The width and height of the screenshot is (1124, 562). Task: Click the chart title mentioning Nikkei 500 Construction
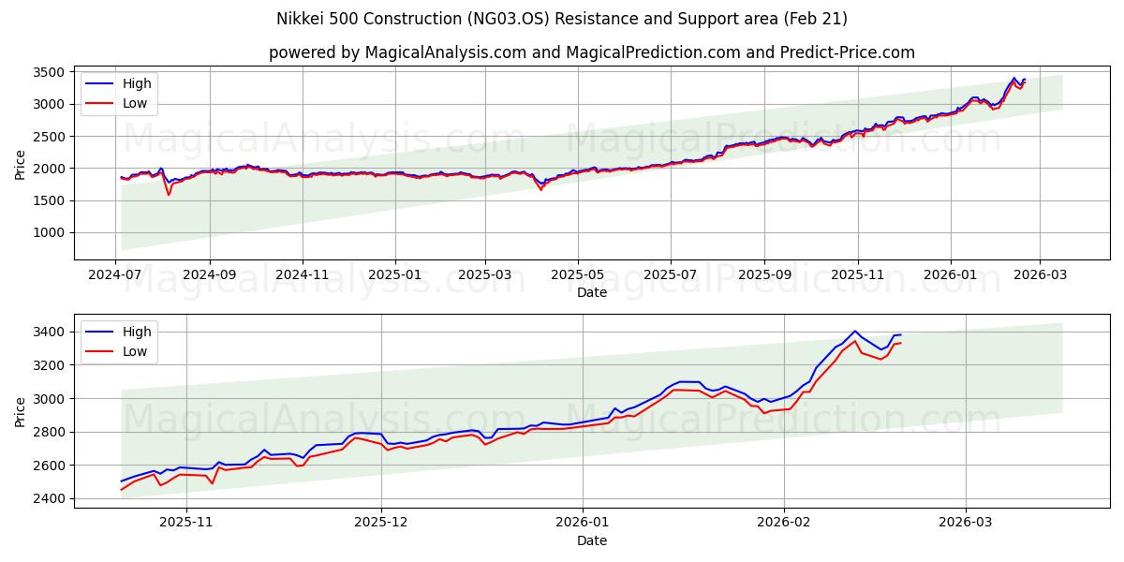tap(562, 19)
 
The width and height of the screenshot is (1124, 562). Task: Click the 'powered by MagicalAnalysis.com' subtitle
tap(591, 52)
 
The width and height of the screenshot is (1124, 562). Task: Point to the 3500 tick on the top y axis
tap(48, 72)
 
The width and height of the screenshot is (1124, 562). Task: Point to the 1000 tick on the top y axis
tap(48, 232)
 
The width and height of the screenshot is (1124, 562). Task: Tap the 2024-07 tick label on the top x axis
tap(116, 274)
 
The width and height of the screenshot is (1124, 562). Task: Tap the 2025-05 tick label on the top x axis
tap(578, 274)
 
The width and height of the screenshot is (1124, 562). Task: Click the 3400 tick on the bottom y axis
tap(48, 332)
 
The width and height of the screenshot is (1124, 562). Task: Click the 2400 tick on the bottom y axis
tap(48, 498)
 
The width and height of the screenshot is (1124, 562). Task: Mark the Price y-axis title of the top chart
tap(21, 163)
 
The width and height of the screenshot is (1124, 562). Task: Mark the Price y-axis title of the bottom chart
tap(21, 411)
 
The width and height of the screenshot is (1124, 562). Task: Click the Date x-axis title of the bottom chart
tap(591, 540)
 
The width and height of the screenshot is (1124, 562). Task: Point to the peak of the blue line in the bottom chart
tap(854, 331)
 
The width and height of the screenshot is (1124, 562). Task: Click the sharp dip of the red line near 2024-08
tap(169, 195)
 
